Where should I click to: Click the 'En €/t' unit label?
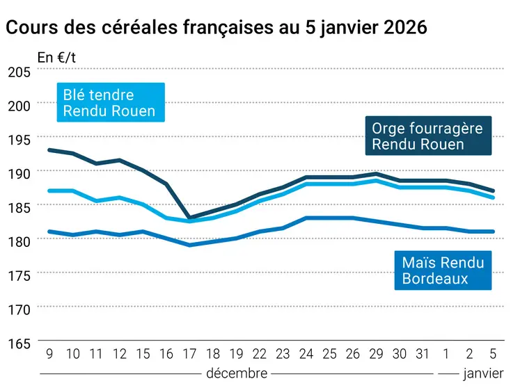pyautogui.click(x=56, y=58)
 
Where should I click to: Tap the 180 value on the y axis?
pyautogui.click(x=19, y=241)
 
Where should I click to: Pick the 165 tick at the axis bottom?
pyautogui.click(x=19, y=343)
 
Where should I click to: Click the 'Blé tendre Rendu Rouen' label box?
pyautogui.click(x=109, y=103)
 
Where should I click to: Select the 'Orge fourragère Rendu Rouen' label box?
pyautogui.click(x=427, y=136)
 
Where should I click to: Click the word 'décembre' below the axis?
pyautogui.click(x=237, y=373)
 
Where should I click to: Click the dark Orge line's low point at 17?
pyautogui.click(x=189, y=218)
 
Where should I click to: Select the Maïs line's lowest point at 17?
pyautogui.click(x=189, y=245)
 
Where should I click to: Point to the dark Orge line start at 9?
pyautogui.click(x=49, y=149)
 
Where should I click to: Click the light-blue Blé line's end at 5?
pyautogui.click(x=494, y=197)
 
